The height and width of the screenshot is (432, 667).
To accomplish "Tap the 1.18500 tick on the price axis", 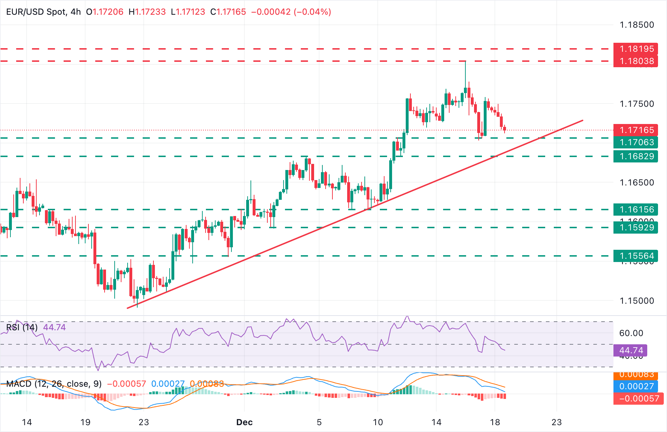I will [x=636, y=25].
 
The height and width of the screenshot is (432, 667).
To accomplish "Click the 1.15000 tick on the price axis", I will [x=636, y=301].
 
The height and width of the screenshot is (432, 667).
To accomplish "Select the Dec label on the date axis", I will [x=244, y=422].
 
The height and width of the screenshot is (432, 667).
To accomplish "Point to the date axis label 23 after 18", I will [x=556, y=422].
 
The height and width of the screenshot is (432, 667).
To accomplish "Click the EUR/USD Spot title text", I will [x=36, y=12].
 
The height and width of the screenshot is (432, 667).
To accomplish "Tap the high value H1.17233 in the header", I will [x=147, y=12].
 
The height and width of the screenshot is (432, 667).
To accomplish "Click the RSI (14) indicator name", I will [x=22, y=327].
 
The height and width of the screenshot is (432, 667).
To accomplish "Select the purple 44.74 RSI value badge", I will [x=631, y=350].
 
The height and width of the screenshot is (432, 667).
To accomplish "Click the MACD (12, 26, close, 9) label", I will [x=54, y=384].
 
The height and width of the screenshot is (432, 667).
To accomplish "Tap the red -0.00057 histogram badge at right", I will [x=638, y=398].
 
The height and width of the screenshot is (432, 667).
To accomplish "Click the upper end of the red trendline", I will [x=582, y=120].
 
